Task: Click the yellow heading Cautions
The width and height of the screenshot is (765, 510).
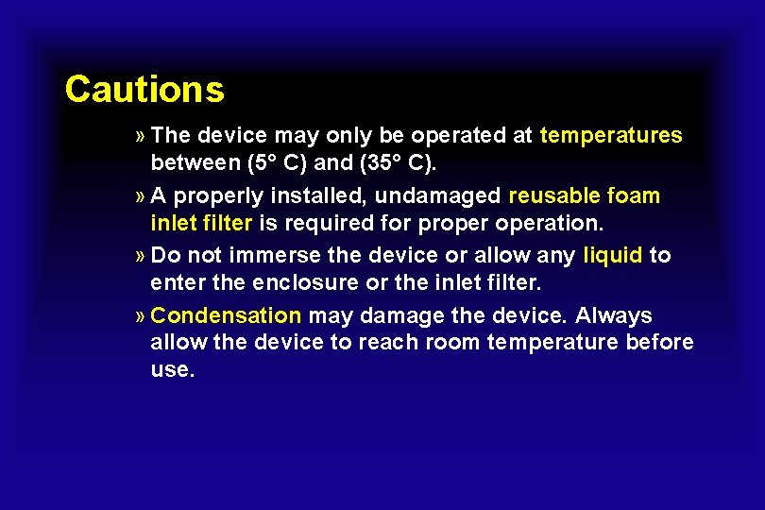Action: pyautogui.click(x=144, y=90)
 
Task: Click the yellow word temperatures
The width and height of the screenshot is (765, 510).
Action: pyautogui.click(x=611, y=136)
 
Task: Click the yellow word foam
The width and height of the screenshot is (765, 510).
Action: pyautogui.click(x=635, y=196)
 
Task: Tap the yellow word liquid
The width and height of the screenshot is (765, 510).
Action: pyautogui.click(x=613, y=256)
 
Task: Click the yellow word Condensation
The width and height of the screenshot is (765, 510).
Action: pyautogui.click(x=226, y=315)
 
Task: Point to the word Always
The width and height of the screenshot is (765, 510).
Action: pyautogui.click(x=614, y=315)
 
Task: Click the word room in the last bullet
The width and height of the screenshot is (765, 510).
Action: pyautogui.click(x=452, y=342)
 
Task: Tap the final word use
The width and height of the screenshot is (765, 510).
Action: pyautogui.click(x=172, y=369)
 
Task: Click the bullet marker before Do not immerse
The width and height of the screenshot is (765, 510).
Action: pyautogui.click(x=140, y=256)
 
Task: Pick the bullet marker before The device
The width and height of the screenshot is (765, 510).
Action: pyautogui.click(x=140, y=136)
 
